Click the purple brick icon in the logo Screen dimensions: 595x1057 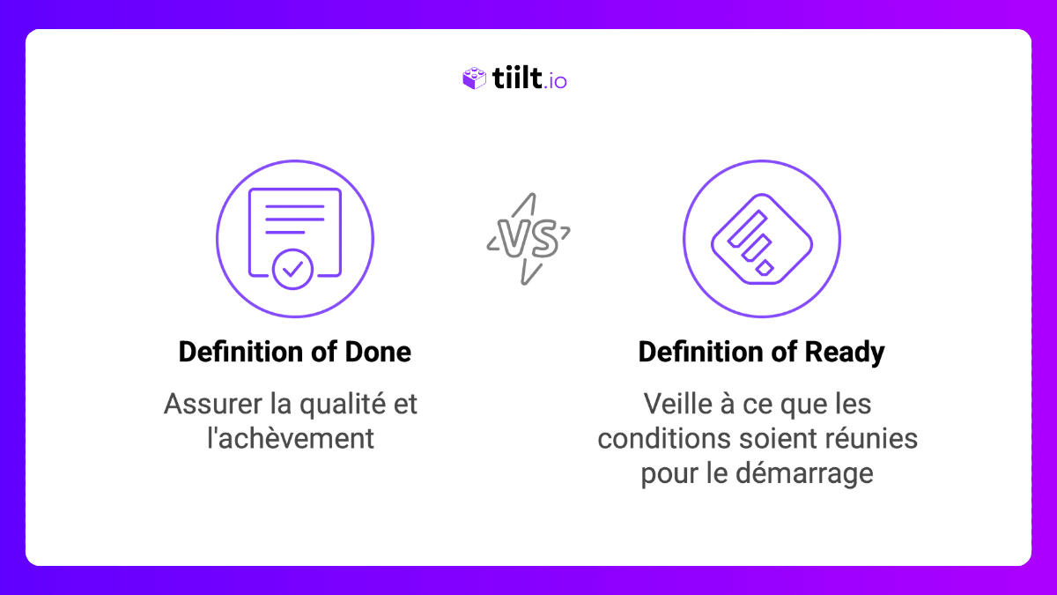coord(474,79)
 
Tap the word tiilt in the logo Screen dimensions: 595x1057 coord(514,79)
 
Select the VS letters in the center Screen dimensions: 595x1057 coord(528,239)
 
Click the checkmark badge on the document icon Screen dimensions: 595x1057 coord(292,269)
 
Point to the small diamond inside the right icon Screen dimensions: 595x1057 coord(765,267)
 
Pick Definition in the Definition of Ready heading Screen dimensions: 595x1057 coord(693,353)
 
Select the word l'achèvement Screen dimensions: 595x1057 coord(291,438)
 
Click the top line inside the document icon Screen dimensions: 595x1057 coord(294,206)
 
